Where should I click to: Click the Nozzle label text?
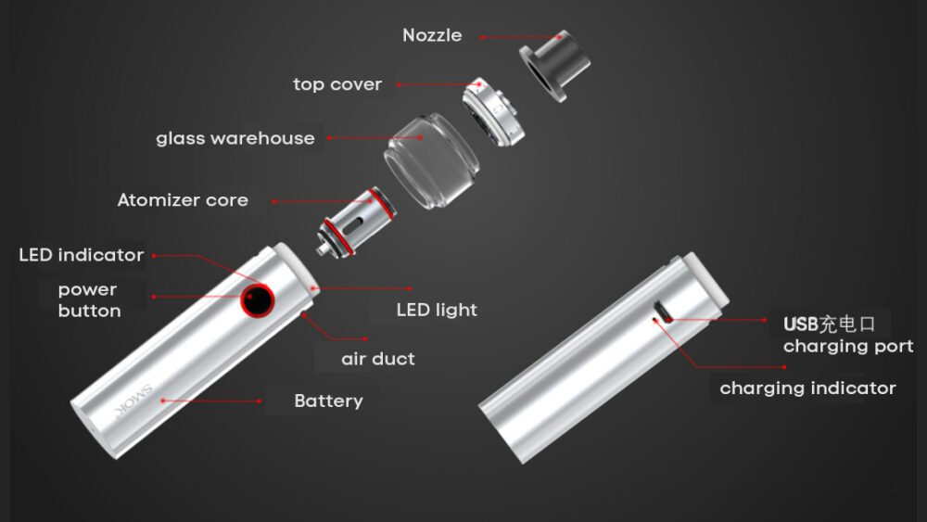point(432,35)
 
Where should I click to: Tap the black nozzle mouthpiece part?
point(554,66)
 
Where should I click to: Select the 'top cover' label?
point(337,84)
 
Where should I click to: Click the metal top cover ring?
point(493,111)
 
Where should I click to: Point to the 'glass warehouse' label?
point(235,138)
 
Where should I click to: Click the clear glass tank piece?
point(432,160)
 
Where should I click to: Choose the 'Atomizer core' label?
point(183,200)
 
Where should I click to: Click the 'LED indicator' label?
point(82,255)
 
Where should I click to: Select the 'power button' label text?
point(89,300)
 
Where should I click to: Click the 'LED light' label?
point(437,310)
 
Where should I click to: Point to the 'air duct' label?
point(378,359)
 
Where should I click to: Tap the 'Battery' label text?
point(329,401)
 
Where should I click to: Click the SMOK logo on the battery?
point(134,401)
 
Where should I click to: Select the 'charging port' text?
point(848,347)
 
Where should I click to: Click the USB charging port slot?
point(661,312)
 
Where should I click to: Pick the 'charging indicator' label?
point(807,388)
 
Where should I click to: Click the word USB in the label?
point(801,324)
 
